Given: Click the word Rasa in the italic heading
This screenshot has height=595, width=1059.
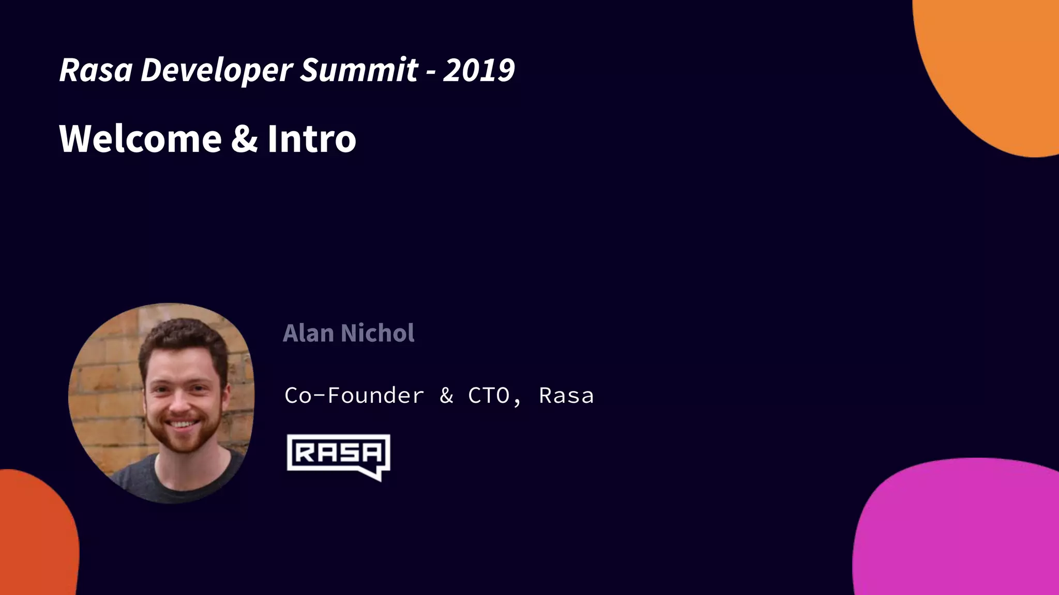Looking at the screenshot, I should tap(96, 70).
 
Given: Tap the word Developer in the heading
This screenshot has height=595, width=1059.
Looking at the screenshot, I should tap(217, 70).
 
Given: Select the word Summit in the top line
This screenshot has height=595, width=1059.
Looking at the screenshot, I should tap(359, 70).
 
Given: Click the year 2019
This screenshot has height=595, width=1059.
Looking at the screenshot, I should tap(479, 70).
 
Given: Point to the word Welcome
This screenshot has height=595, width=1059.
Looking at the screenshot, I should tap(141, 139).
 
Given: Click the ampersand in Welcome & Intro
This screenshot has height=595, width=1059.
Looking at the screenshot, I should tap(244, 139).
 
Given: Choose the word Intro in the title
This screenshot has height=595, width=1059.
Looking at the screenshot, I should tap(312, 139).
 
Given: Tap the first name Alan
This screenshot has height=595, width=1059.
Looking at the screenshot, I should tap(308, 333).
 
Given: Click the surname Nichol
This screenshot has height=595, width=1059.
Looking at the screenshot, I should tap(377, 333).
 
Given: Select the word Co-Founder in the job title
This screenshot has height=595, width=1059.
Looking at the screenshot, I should tap(354, 396).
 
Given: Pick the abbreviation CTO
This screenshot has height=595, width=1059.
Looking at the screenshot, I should tap(489, 396).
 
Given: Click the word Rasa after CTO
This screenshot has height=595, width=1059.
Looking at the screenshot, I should tap(566, 396).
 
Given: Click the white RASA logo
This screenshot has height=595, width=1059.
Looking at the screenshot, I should tap(338, 453).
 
